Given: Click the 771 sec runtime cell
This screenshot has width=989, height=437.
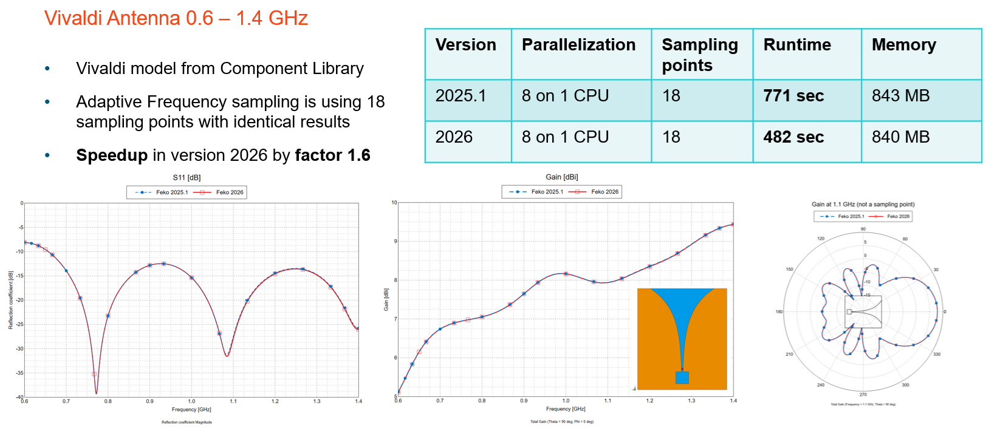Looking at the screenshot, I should (x=793, y=96).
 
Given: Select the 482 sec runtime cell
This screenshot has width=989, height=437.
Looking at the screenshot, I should (x=793, y=137).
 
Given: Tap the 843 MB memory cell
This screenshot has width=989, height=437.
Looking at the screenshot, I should (x=900, y=96).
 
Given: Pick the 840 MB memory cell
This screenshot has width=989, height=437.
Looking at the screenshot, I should (x=900, y=137).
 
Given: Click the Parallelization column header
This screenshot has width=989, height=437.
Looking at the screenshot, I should (x=578, y=45).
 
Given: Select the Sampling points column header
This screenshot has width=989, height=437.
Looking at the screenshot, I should (x=700, y=55).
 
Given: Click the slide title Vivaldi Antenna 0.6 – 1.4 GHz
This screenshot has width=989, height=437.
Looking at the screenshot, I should (x=176, y=18).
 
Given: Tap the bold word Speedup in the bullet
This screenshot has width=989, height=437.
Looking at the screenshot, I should (x=112, y=155).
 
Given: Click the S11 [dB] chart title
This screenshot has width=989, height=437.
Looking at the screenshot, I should (x=187, y=178).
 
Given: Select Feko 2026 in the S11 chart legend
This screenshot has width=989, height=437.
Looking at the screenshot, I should (x=230, y=192).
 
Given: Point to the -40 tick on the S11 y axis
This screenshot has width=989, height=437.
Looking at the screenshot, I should (x=19, y=397).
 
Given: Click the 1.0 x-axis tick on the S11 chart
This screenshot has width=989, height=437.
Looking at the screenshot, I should (x=191, y=401).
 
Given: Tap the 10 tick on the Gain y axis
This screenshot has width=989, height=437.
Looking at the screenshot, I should (x=394, y=203).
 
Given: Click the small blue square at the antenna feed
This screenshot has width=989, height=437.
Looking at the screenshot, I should (x=682, y=378).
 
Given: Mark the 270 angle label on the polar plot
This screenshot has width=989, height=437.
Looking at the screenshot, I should (x=863, y=395).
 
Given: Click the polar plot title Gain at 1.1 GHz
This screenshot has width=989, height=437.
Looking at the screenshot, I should (x=863, y=205).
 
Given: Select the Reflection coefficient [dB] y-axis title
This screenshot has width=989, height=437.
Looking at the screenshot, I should (x=10, y=300).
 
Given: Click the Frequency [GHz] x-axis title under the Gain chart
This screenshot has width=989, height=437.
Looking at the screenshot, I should (x=566, y=409).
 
